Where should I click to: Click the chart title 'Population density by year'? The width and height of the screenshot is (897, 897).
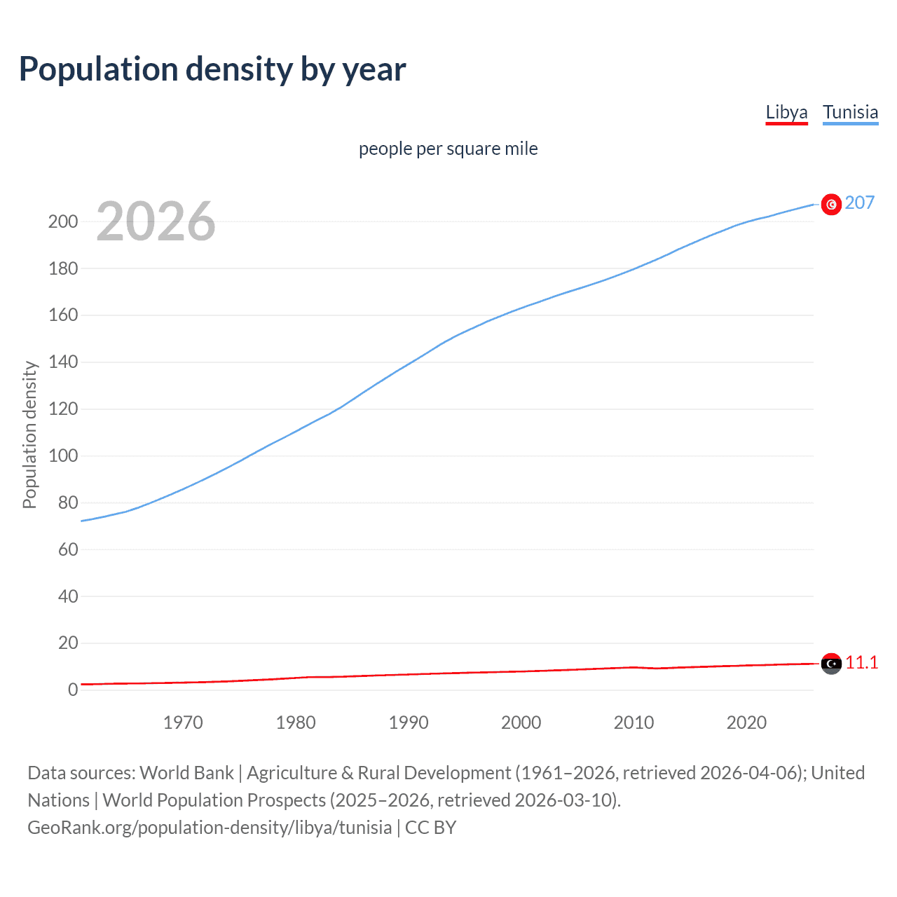[212, 69]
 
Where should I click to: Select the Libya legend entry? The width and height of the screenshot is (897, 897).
[786, 112]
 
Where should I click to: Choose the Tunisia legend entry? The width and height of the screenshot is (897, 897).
[850, 112]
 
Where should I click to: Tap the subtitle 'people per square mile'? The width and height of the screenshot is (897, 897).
[448, 149]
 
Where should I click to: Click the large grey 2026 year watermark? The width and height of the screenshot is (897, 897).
[156, 221]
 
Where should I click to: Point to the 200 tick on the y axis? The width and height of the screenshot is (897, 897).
[62, 221]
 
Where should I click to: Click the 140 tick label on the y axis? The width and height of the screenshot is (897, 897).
[62, 362]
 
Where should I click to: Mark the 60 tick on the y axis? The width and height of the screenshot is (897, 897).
[67, 549]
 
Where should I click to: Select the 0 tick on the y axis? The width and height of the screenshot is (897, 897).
[73, 690]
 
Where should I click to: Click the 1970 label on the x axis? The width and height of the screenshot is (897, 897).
[183, 723]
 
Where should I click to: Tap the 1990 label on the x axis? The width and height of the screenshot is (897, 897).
[409, 723]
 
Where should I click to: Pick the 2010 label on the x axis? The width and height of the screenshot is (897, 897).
[634, 723]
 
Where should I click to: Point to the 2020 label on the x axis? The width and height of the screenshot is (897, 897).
[746, 723]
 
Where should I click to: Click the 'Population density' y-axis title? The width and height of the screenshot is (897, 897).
[29, 434]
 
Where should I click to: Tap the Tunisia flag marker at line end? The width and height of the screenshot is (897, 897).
[831, 204]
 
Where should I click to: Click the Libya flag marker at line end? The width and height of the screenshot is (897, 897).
[831, 663]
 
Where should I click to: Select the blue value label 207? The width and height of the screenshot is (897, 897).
[860, 203]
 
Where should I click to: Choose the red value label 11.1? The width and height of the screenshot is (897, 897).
[861, 662]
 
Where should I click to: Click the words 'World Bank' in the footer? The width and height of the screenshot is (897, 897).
[186, 772]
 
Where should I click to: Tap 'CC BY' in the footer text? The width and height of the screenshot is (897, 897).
[430, 827]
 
